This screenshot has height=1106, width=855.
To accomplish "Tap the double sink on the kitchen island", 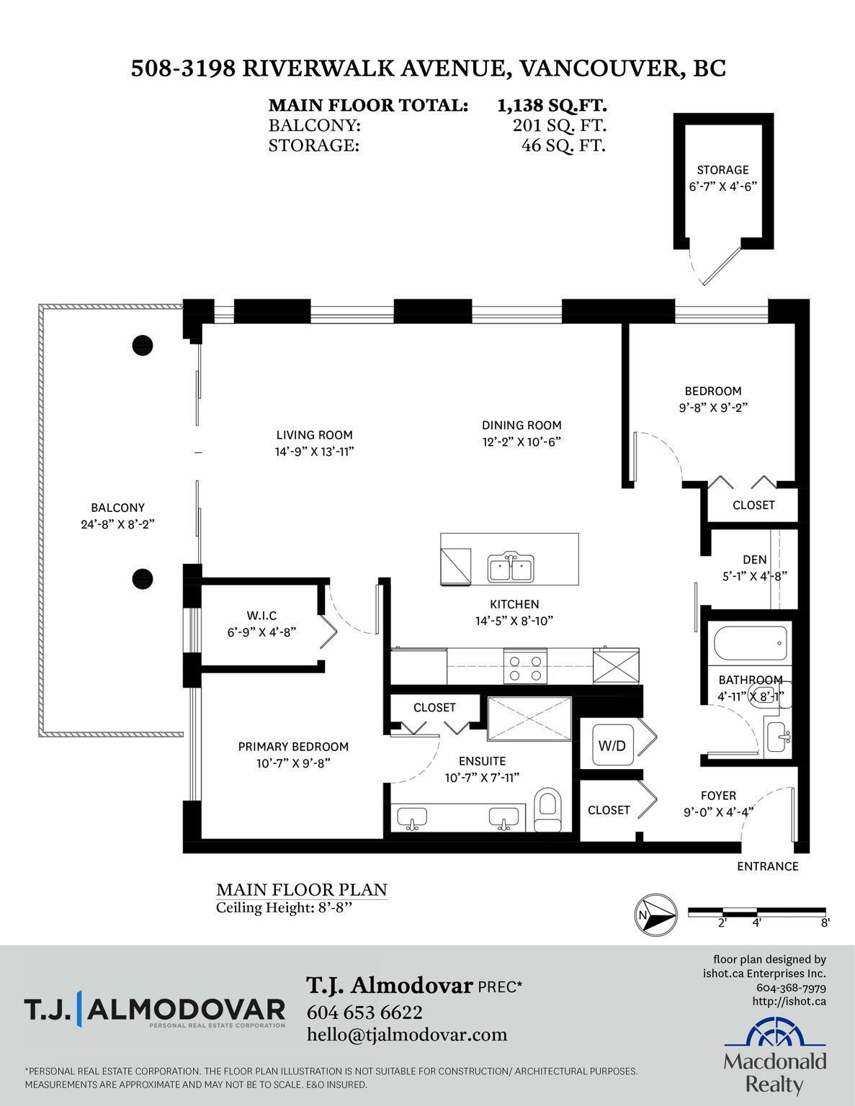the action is coord(510,567).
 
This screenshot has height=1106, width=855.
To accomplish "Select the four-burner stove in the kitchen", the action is coord(525,667).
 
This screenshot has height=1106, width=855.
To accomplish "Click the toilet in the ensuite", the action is coord(547,810).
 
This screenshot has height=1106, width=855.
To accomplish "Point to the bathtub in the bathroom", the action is coord(751,644).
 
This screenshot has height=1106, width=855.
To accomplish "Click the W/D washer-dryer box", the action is coord(612,746).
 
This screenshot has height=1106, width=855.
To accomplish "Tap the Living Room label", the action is coord(314,435).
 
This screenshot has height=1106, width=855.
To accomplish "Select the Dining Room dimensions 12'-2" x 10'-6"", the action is coord(521,442).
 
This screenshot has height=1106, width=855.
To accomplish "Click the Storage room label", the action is coord(722,170).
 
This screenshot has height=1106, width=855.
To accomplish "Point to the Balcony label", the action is coord(117,508).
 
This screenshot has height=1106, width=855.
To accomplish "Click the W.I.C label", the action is coord(261,616).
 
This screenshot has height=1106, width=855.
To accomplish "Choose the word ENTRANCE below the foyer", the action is coord(767,866).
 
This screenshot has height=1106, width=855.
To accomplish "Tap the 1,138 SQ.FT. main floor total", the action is coord(552,105).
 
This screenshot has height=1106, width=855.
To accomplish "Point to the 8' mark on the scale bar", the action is coord(825,922).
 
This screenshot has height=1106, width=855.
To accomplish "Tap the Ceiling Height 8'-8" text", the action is coord(284,908).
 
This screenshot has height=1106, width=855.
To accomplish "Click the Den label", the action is coord(754,560).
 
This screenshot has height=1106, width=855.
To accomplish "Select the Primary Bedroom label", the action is coord(293,747).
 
